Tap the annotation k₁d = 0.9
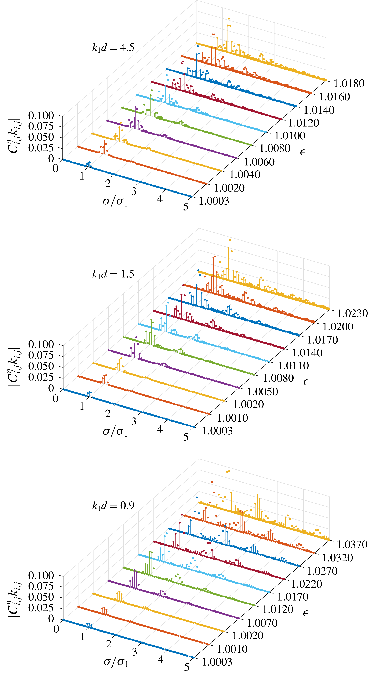113,505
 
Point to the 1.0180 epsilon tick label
349,83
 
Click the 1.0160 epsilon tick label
334,97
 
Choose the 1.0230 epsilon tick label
352,313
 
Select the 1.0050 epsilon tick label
262,392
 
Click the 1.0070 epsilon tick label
262,623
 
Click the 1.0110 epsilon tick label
293,366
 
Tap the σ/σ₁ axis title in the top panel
115,201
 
